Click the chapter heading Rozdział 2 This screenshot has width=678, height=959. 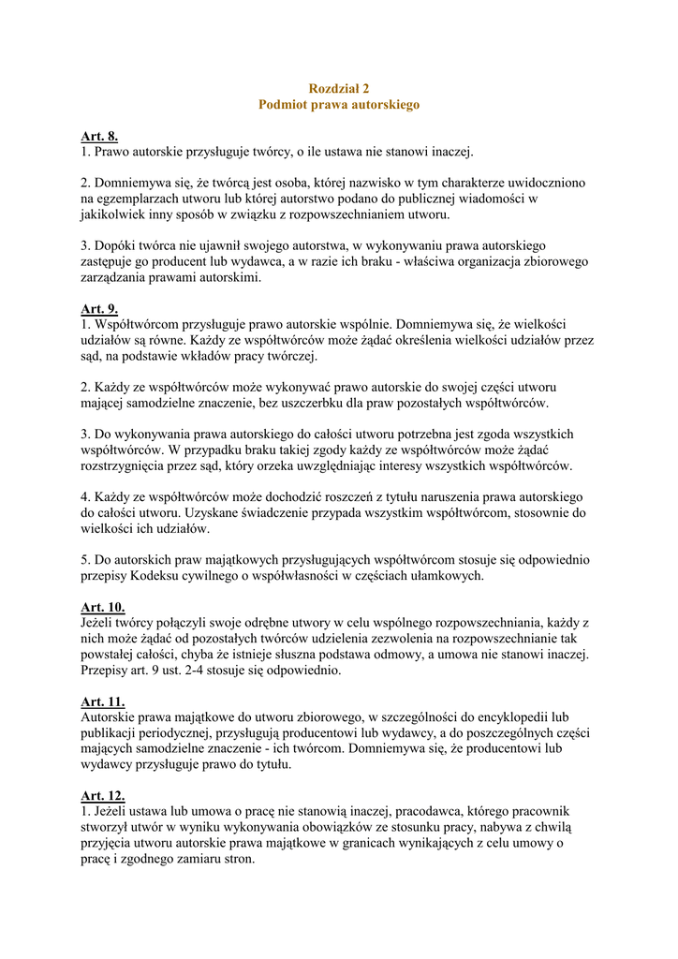[x=339, y=87]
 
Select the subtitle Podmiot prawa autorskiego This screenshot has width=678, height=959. [x=339, y=104]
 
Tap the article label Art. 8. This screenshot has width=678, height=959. [x=99, y=137]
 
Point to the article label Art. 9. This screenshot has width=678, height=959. [x=99, y=309]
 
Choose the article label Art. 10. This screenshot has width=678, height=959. [x=102, y=607]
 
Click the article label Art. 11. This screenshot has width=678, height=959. [x=102, y=701]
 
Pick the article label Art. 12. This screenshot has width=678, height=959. [x=102, y=796]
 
